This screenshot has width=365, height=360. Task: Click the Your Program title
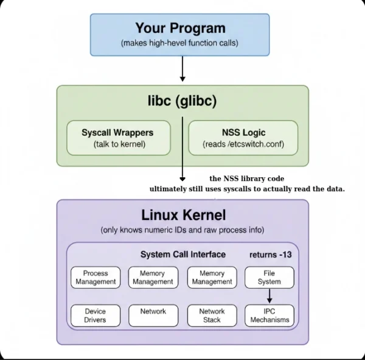pyautogui.click(x=180, y=28)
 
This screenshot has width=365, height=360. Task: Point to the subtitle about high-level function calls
pyautogui.click(x=180, y=43)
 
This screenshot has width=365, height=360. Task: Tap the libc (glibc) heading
pyautogui.click(x=182, y=101)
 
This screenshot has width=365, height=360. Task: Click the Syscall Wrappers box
pyautogui.click(x=117, y=138)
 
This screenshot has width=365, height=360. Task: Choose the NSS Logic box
pyautogui.click(x=243, y=138)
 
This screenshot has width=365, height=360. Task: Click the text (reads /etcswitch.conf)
pyautogui.click(x=243, y=145)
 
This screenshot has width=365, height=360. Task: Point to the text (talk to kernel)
pyautogui.click(x=117, y=145)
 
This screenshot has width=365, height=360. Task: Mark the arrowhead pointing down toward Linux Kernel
pyautogui.click(x=182, y=178)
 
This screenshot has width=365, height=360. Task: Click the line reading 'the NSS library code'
pyautogui.click(x=247, y=178)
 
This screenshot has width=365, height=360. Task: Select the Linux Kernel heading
pyautogui.click(x=183, y=215)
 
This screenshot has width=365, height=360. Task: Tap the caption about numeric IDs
pyautogui.click(x=182, y=230)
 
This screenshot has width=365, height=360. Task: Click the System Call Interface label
pyautogui.click(x=182, y=254)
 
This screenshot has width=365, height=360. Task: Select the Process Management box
pyautogui.click(x=95, y=278)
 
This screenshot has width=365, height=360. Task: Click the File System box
pyautogui.click(x=269, y=278)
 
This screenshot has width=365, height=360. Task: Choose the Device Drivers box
pyautogui.click(x=95, y=316)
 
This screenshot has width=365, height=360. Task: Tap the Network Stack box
pyautogui.click(x=212, y=316)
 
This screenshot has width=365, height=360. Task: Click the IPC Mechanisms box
pyautogui.click(x=269, y=316)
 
